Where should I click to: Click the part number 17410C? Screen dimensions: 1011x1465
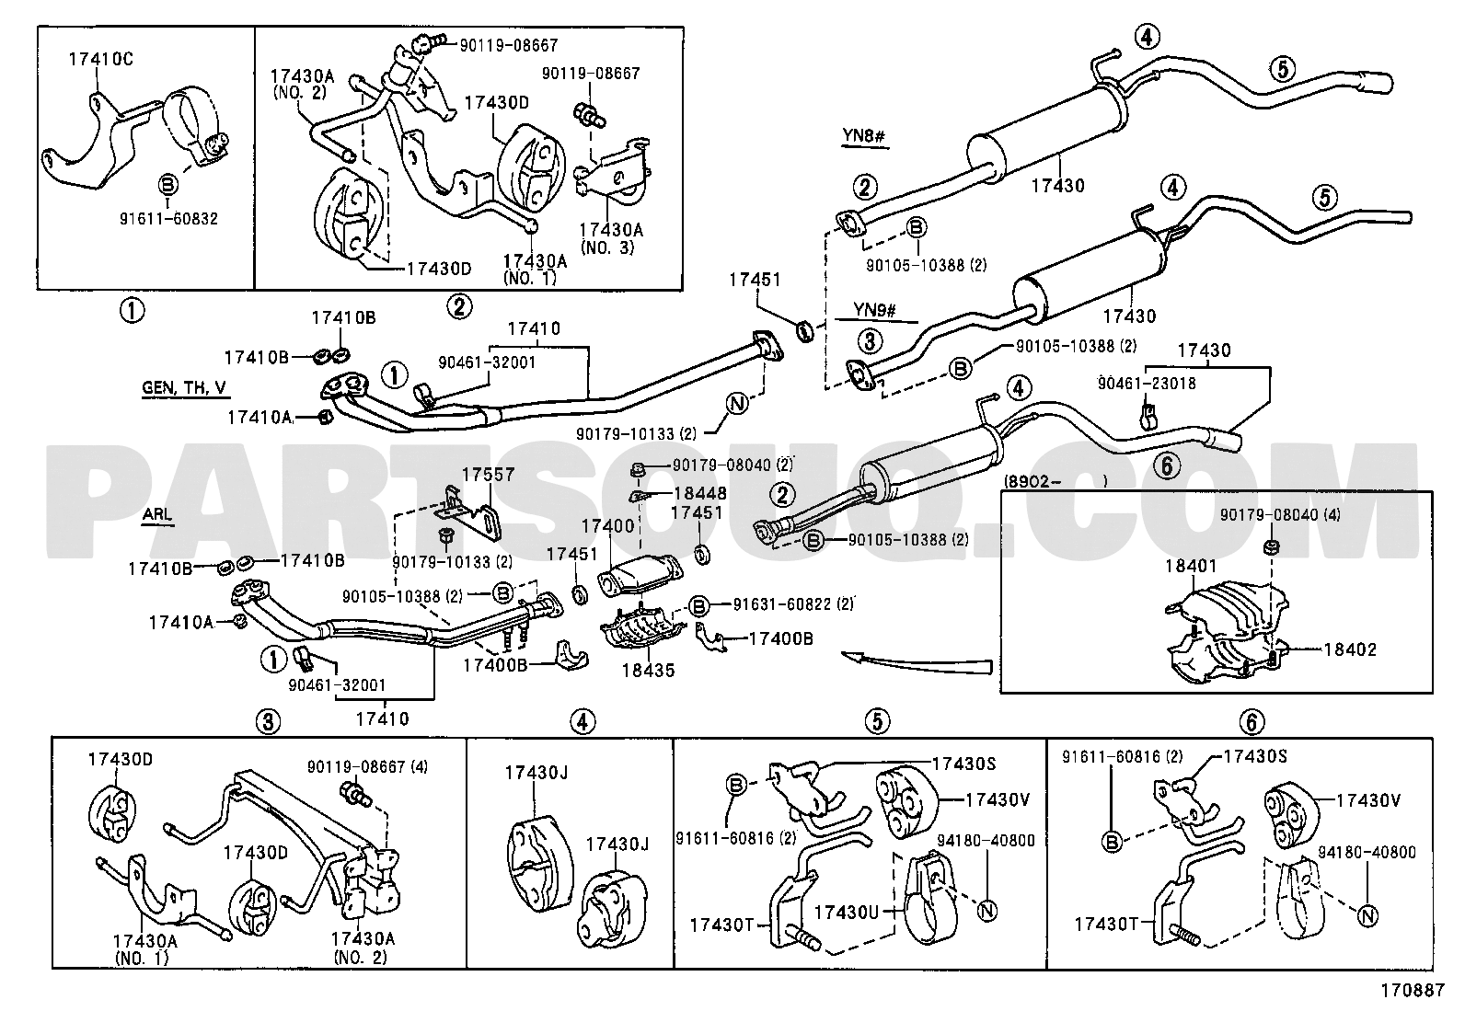click(x=100, y=60)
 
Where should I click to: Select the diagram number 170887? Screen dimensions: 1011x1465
click(x=1411, y=992)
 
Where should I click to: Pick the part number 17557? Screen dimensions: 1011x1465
click(x=488, y=475)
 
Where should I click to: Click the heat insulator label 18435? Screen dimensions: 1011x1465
click(x=647, y=671)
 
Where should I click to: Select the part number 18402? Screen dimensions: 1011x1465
click(x=1350, y=649)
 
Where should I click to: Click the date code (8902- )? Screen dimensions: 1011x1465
click(x=1054, y=480)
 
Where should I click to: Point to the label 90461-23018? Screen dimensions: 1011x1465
click(x=1147, y=383)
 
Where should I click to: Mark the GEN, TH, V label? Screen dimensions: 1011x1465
click(x=184, y=388)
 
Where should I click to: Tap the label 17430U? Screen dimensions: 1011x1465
click(x=847, y=913)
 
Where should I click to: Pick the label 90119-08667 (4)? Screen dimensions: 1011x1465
click(x=367, y=765)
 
